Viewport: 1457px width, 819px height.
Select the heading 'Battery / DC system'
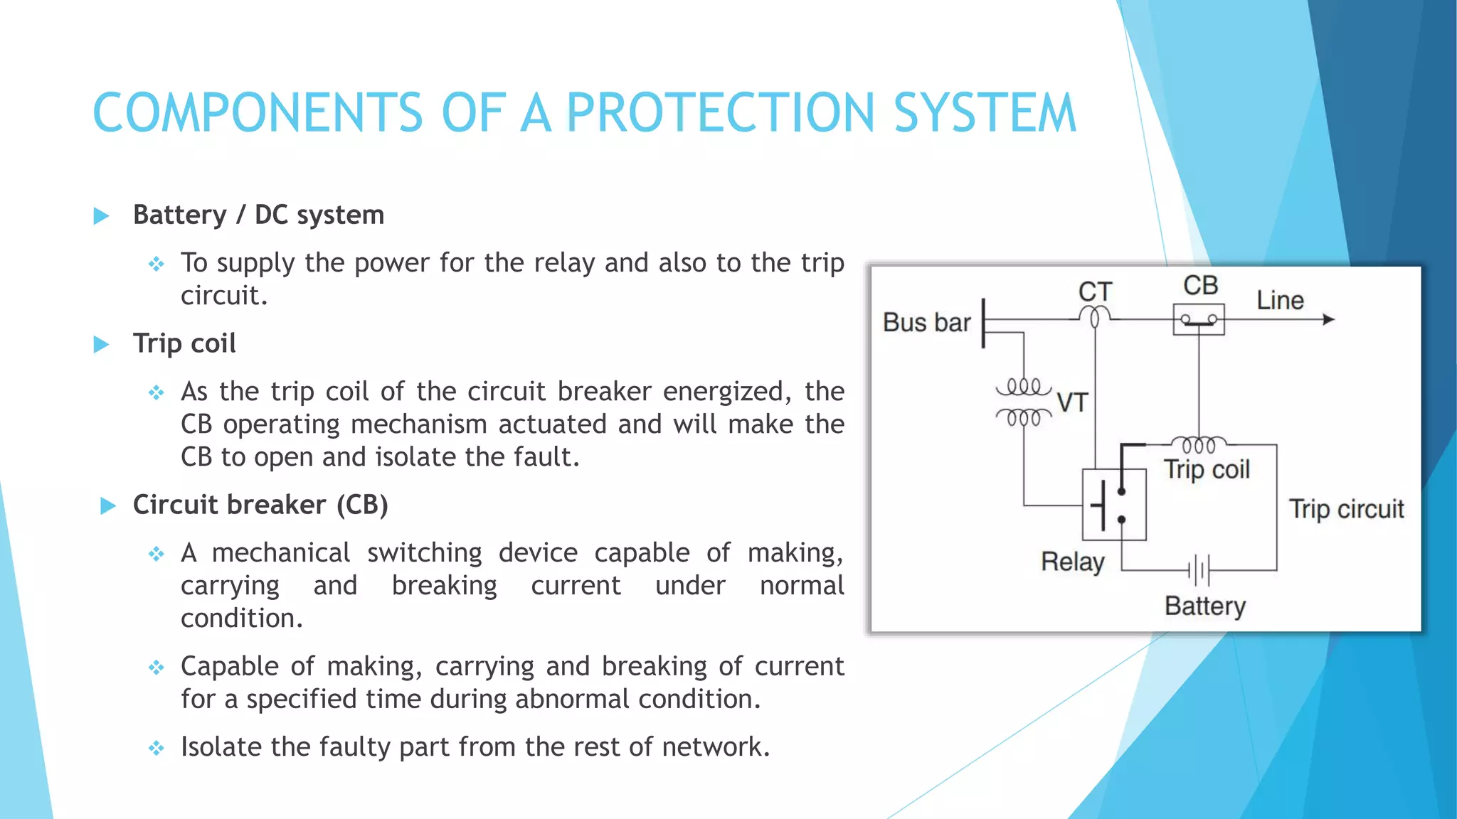coord(258,215)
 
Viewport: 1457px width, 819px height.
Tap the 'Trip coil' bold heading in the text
coord(184,343)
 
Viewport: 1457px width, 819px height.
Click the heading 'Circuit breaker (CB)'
coord(260,505)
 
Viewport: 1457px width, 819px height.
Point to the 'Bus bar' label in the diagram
coord(926,323)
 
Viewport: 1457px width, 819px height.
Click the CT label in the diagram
coord(1094,291)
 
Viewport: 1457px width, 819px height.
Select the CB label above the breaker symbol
coord(1200,286)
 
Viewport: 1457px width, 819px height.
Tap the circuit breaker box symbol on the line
coord(1199,320)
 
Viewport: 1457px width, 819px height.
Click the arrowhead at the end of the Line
coord(1328,320)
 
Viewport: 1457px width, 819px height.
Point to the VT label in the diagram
coord(1072,403)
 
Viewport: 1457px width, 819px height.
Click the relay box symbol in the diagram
coord(1113,505)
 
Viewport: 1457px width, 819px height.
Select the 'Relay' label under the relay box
coord(1072,562)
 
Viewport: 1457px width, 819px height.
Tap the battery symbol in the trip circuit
coord(1199,569)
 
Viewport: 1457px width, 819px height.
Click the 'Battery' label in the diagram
coord(1205,606)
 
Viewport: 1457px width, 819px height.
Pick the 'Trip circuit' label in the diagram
coord(1346,509)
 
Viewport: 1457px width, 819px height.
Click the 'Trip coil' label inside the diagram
coord(1207,469)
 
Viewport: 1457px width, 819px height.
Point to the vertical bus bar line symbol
coord(983,323)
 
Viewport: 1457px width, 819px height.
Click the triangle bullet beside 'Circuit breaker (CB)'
coord(108,505)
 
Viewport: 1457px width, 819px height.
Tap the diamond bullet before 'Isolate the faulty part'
coord(157,748)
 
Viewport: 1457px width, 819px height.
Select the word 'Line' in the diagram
coord(1280,300)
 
